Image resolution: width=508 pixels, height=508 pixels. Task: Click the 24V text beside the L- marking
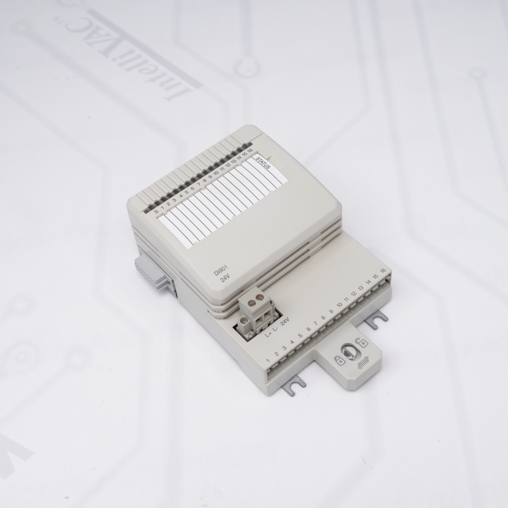pos(284,324)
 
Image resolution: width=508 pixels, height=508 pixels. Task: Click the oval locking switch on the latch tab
pos(349,350)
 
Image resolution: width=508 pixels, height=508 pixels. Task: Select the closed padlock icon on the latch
pos(340,361)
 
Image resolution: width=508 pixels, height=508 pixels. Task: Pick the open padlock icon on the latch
pos(362,343)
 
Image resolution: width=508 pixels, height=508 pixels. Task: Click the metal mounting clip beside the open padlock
pos(378,321)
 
